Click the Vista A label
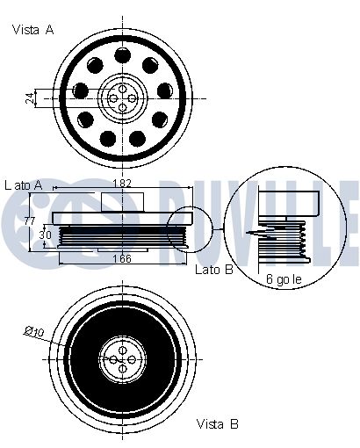32,30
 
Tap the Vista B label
217,423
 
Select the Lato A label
24,185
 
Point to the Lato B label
214,270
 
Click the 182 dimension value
122,184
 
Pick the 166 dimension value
122,258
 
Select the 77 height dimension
30,221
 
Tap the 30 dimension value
45,235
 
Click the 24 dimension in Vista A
30,98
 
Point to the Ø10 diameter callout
34,332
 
